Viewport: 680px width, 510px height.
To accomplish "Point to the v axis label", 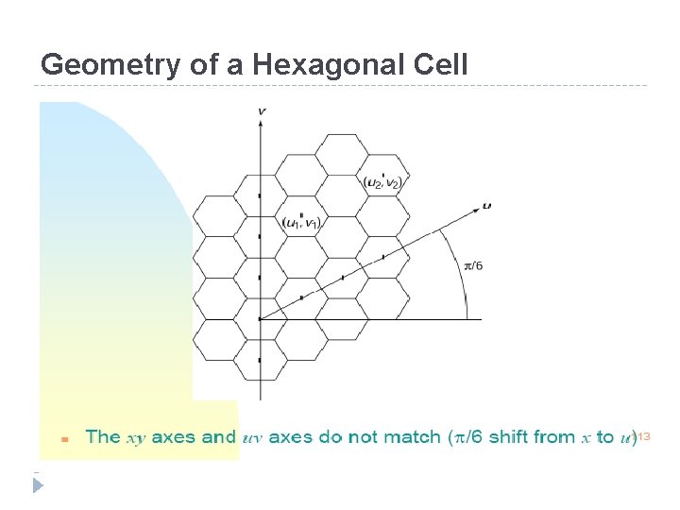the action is (261, 111).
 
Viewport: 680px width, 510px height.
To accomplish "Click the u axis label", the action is (486, 205).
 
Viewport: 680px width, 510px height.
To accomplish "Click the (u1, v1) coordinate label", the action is (301, 221).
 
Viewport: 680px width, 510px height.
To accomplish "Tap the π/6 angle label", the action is (473, 265).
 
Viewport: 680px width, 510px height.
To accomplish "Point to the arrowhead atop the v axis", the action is (261, 124).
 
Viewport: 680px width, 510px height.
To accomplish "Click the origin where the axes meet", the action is (261, 319).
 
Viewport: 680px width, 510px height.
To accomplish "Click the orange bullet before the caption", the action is (64, 439).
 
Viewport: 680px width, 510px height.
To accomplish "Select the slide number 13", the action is (645, 436).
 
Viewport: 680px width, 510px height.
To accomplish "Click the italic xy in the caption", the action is (136, 437).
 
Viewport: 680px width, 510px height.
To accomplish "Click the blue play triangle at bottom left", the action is (39, 485).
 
